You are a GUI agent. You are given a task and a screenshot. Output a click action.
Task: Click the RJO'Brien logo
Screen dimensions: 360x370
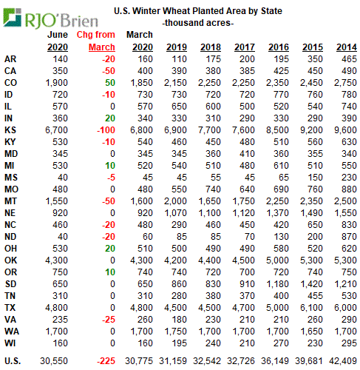tap(50, 18)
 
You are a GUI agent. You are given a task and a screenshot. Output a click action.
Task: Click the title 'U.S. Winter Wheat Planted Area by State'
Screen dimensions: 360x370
tap(198, 11)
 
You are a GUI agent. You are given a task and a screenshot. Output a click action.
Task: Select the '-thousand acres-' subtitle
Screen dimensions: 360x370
tap(198, 23)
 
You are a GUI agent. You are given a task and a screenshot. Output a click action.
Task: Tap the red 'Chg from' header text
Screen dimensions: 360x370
tap(96, 35)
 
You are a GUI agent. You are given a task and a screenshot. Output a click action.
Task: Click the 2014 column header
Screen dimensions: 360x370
tap(347, 47)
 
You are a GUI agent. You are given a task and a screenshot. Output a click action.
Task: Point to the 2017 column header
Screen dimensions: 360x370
tap(245, 47)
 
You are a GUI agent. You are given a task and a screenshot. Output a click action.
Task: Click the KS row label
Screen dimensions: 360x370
tap(10, 130)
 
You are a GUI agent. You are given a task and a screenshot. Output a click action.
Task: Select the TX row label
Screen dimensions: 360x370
tap(10, 308)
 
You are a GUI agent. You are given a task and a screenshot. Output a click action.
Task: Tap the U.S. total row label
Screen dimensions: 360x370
tap(13, 361)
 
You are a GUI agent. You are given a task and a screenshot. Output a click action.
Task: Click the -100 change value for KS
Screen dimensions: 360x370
tap(106, 130)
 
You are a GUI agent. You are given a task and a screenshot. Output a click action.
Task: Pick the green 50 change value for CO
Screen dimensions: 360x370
tap(110, 83)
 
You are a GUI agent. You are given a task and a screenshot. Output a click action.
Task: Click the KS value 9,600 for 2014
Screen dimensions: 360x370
tap(345, 130)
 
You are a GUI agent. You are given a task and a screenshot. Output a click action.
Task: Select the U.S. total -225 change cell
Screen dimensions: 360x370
tap(106, 361)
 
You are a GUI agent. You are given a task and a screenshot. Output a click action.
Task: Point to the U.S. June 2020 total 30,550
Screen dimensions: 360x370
tap(54, 361)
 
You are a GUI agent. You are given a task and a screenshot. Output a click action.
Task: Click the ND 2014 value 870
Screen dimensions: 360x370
tap(349, 237)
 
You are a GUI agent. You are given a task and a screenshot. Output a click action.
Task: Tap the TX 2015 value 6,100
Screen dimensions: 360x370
tap(311, 308)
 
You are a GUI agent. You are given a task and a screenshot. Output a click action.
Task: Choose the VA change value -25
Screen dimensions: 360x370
tap(109, 320)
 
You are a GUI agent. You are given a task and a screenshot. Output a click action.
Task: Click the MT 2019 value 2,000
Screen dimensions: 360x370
tap(175, 201)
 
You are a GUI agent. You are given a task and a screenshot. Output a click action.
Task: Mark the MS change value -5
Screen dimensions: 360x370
tap(111, 178)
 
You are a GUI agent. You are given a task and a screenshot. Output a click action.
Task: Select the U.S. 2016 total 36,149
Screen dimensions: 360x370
tap(275, 361)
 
